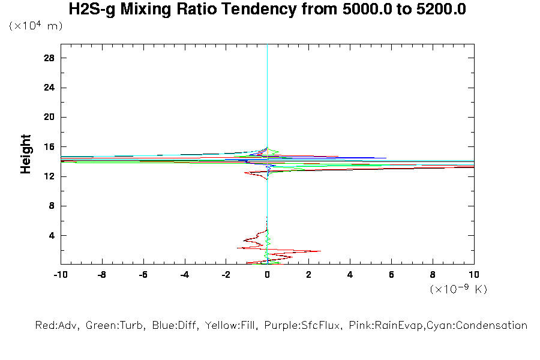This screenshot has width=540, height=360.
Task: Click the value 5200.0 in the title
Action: tap(441, 10)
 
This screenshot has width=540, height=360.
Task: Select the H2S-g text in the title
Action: tap(89, 10)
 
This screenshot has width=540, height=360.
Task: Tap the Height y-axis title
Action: tap(26, 154)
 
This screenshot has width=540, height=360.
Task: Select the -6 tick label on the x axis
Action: tap(143, 275)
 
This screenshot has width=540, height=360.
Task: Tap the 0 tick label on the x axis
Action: tap(267, 275)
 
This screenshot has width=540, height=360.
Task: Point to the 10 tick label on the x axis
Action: tap(473, 275)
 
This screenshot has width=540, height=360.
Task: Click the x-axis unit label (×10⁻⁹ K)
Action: tap(458, 289)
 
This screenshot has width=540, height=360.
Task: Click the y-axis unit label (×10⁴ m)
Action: tap(36, 26)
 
